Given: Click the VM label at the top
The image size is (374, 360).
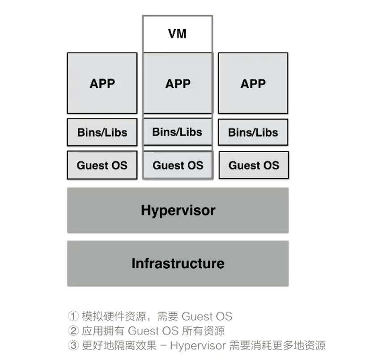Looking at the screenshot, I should (x=178, y=34).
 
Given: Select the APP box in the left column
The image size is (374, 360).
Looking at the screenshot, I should (x=102, y=83).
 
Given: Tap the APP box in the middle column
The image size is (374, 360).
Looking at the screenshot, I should (x=178, y=83).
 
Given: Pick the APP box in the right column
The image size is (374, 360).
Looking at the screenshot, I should (x=253, y=83).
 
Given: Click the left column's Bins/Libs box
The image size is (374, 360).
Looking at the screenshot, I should (x=102, y=133).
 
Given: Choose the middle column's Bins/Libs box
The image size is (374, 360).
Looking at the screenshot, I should (x=177, y=132).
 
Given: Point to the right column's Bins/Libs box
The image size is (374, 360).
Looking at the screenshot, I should (x=253, y=133).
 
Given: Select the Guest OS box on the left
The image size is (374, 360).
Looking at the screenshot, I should (x=102, y=165).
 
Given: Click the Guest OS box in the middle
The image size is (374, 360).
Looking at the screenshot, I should (x=178, y=166).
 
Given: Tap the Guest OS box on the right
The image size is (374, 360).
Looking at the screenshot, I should (x=254, y=166).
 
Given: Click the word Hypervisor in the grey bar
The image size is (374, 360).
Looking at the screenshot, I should (x=178, y=210).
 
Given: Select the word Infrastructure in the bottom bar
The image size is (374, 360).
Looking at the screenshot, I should (x=178, y=263).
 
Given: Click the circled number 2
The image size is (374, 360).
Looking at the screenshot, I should (x=73, y=331).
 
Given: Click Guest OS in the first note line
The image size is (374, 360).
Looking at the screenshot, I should (x=207, y=317).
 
